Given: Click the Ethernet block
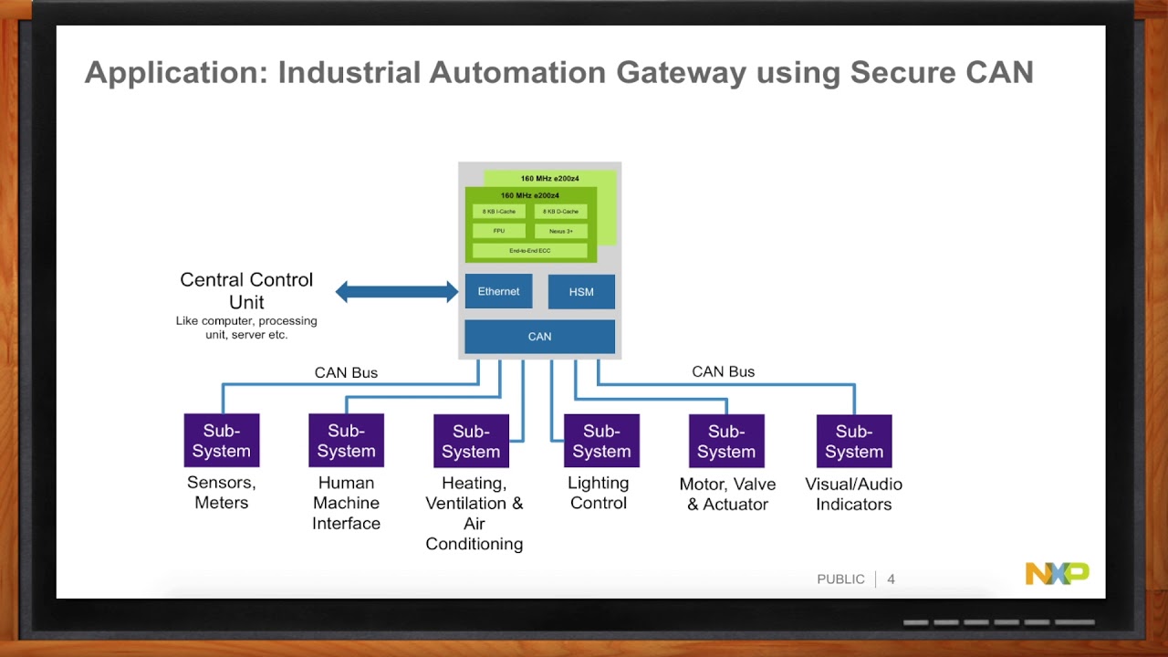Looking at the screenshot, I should pos(498,291).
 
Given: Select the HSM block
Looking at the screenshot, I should pos(581,292).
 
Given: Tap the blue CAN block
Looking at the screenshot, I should pos(539,337).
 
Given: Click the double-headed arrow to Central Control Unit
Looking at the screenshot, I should pos(397,292).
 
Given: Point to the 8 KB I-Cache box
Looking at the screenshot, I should pos(499,212).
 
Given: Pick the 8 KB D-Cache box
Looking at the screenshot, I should pos(560,212).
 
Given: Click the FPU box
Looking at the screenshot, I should pos(499,231).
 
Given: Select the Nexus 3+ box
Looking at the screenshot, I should pos(560,231).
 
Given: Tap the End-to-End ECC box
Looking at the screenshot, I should pos(529,250).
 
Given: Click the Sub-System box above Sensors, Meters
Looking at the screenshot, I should pos(222,440).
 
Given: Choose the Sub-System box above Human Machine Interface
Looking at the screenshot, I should pos(346,440).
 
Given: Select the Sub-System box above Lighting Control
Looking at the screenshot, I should pos(601,441).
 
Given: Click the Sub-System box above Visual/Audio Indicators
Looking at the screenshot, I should pos(854,441).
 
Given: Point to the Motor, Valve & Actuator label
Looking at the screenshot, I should pos(727,494).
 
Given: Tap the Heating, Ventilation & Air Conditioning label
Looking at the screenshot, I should pos(474,514).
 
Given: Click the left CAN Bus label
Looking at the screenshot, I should pos(346,372).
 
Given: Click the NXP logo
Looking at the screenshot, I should pos(1057,573).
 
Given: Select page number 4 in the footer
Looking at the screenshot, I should pos(891,579).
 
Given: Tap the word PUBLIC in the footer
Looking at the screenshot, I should pos(840,579).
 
